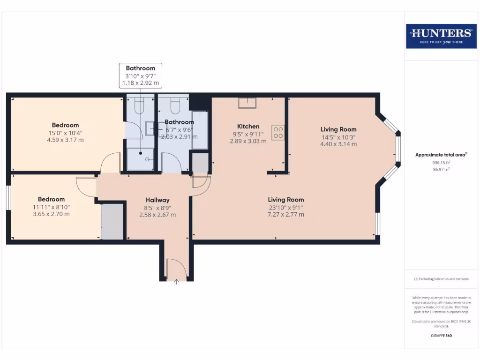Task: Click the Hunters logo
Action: pyautogui.click(x=441, y=36)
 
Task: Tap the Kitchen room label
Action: pyautogui.click(x=248, y=126)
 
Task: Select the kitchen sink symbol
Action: pyautogui.click(x=247, y=103)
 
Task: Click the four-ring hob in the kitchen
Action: pyautogui.click(x=278, y=132)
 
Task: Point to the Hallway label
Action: pyautogui.click(x=157, y=200)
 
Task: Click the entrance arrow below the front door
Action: pyautogui.click(x=176, y=282)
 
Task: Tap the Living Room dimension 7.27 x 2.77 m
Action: pyautogui.click(x=286, y=214)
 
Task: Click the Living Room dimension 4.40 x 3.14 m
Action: pyautogui.click(x=338, y=144)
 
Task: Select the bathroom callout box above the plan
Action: pyautogui.click(x=141, y=75)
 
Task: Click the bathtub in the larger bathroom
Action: pyautogui.click(x=200, y=130)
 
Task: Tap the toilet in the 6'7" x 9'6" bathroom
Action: pyautogui.click(x=175, y=106)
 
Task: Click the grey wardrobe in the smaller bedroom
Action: pyautogui.click(x=112, y=222)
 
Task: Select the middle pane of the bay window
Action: pyautogui.click(x=398, y=149)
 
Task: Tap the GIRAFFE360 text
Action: pyautogui.click(x=441, y=336)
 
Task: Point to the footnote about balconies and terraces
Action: pyautogui.click(x=441, y=279)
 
